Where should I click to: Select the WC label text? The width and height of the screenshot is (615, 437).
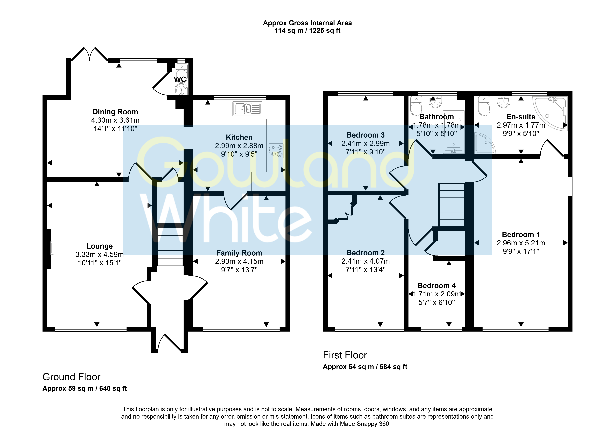(x=180, y=79)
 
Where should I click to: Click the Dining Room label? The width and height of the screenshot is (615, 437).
(x=115, y=112)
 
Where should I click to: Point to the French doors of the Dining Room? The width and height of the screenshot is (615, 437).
(x=90, y=54)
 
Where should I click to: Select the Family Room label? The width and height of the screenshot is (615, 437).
(x=239, y=253)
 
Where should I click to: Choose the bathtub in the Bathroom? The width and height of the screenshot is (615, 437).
(x=454, y=132)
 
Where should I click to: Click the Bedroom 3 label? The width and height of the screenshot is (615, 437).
(x=366, y=135)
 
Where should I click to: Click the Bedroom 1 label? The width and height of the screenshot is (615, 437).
(x=521, y=235)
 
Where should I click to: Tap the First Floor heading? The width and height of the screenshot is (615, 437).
(x=345, y=355)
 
